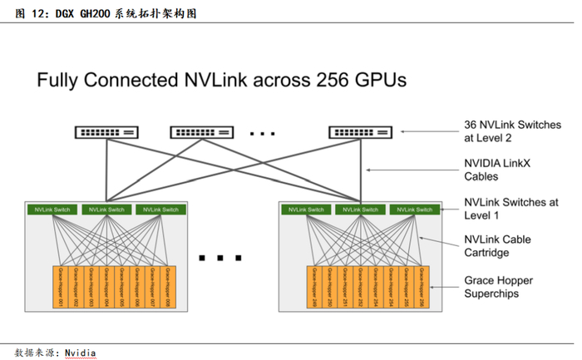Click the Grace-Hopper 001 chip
(x=59, y=288)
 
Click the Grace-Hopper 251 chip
(x=345, y=288)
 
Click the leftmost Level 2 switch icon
(x=107, y=131)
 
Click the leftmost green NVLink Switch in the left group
(x=52, y=210)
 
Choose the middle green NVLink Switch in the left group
(x=104, y=210)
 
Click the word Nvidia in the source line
(x=81, y=352)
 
